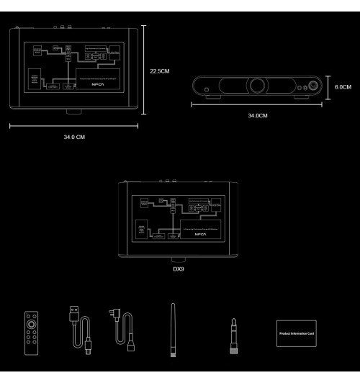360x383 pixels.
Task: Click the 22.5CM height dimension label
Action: click(x=159, y=72)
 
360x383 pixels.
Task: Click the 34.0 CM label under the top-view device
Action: click(x=75, y=138)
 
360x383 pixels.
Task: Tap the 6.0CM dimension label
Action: click(x=343, y=87)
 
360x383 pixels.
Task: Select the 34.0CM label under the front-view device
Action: click(x=258, y=115)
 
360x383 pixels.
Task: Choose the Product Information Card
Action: click(x=297, y=334)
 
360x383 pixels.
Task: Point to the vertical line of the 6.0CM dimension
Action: click(x=328, y=86)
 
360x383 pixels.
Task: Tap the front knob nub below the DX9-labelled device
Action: click(x=179, y=258)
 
